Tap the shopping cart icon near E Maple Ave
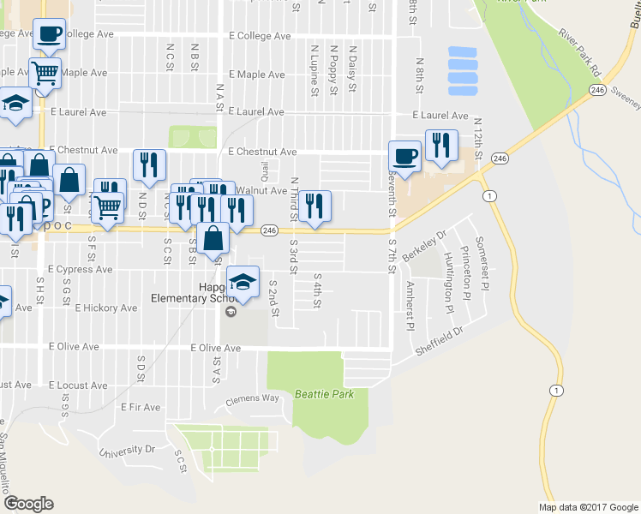(x=45, y=74)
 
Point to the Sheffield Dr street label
(x=439, y=340)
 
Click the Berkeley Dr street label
(x=430, y=241)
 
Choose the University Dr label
(x=126, y=450)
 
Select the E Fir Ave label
(x=141, y=406)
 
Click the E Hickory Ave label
(x=105, y=308)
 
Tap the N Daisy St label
(x=352, y=69)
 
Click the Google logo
(x=28, y=504)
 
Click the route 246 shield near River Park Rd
(x=597, y=89)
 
